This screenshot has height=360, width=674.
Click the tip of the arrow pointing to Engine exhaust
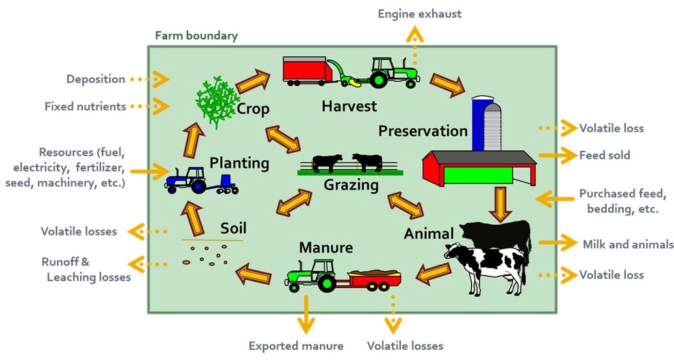(415, 26)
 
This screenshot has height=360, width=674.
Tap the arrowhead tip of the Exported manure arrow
(306, 334)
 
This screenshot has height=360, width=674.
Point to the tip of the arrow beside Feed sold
(577, 155)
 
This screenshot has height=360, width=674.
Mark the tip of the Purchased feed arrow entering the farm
(535, 199)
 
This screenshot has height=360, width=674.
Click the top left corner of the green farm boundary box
(148, 46)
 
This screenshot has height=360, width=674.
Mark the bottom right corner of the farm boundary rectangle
(557, 313)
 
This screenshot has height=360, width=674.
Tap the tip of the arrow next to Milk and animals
(578, 242)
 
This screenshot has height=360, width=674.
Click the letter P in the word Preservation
(383, 131)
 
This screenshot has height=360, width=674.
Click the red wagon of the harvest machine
(306, 69)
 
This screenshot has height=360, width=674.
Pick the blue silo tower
(482, 124)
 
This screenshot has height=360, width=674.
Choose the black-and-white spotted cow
(485, 266)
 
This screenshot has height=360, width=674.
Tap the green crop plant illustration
(217, 103)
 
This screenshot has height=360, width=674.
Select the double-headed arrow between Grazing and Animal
(406, 206)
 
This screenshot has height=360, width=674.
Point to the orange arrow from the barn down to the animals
(500, 204)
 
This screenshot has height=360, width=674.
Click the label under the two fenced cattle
(351, 185)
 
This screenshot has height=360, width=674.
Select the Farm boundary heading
(196, 35)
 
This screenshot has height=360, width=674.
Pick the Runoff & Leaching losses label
(86, 270)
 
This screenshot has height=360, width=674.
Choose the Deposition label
(96, 79)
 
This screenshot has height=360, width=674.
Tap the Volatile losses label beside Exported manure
(405, 346)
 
